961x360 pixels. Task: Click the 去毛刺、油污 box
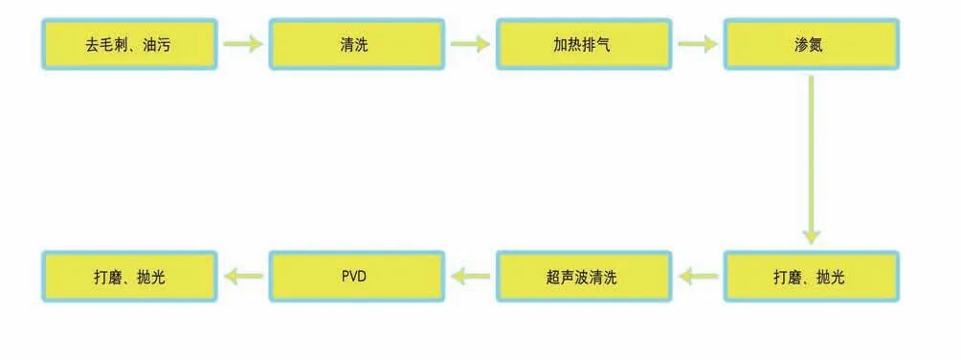click(x=129, y=44)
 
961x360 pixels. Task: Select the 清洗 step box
click(x=356, y=44)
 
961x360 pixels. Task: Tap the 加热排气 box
click(x=583, y=44)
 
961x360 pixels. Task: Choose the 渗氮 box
click(x=810, y=44)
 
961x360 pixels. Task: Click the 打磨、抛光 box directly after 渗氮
click(x=810, y=277)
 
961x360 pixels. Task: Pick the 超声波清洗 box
click(x=583, y=277)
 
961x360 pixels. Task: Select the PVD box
click(x=356, y=277)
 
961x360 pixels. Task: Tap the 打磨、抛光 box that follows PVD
click(x=129, y=277)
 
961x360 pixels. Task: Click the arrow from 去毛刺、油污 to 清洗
click(x=243, y=44)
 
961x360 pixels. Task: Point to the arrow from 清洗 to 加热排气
click(x=470, y=44)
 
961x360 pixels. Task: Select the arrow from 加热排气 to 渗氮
click(x=697, y=44)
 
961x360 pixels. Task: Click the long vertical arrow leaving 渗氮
click(x=811, y=158)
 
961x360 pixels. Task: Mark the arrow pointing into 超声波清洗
click(x=698, y=277)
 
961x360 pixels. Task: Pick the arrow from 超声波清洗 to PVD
click(x=470, y=277)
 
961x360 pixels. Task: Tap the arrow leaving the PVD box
click(x=243, y=277)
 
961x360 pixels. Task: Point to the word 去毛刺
click(x=106, y=45)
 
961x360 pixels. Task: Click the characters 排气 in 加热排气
click(x=596, y=45)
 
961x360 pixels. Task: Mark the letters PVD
click(x=355, y=278)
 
